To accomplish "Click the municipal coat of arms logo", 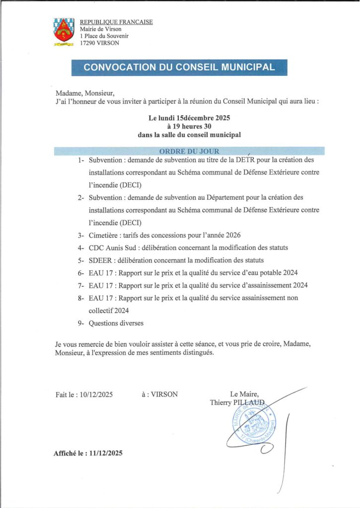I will click(64, 32).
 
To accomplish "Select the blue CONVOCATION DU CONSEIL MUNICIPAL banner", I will click(179, 67).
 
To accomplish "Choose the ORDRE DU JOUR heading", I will click(189, 151).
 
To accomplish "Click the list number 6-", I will click(81, 273).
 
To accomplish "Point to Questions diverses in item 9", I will click(116, 323).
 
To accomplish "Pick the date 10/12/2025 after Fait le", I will click(96, 394).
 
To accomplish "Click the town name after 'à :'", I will click(164, 394).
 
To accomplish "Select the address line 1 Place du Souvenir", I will click(104, 36).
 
